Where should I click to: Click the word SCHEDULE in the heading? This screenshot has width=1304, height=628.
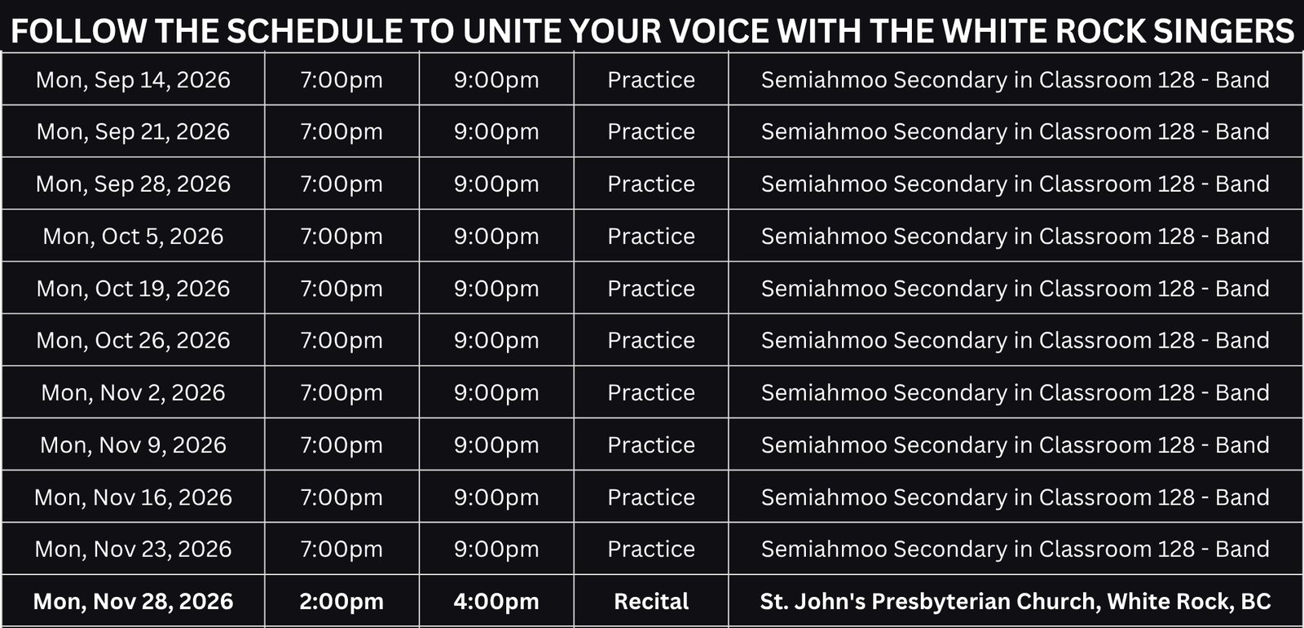coord(315,31)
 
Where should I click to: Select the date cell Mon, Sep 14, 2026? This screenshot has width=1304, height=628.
coord(134,81)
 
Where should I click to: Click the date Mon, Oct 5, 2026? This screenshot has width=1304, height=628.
coord(134,237)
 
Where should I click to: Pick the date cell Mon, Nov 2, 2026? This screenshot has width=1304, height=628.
coord(134,393)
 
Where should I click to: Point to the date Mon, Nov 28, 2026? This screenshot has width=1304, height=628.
coord(134,602)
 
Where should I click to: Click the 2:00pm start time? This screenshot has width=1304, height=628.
coord(341,602)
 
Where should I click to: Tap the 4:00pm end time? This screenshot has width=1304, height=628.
coord(496,602)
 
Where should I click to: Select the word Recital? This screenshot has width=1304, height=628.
coord(651,602)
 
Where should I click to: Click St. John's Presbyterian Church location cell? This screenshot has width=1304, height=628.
coord(1015,602)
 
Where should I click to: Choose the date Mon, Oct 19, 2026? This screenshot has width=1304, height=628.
coord(134,289)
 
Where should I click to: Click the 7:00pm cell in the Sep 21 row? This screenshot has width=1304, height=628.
coord(341,132)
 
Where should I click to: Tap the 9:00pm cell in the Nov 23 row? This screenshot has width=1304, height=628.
coord(496,550)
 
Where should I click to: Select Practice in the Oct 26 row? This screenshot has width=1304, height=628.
coord(651,341)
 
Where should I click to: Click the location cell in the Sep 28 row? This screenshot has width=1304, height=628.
coord(1015,184)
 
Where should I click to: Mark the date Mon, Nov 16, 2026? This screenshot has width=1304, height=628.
coord(134,498)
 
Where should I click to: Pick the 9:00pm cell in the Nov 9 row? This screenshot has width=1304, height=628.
coord(496,445)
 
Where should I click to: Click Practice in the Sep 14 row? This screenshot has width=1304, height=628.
coord(651,81)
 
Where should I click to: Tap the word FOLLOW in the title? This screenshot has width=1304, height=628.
coord(78,31)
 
